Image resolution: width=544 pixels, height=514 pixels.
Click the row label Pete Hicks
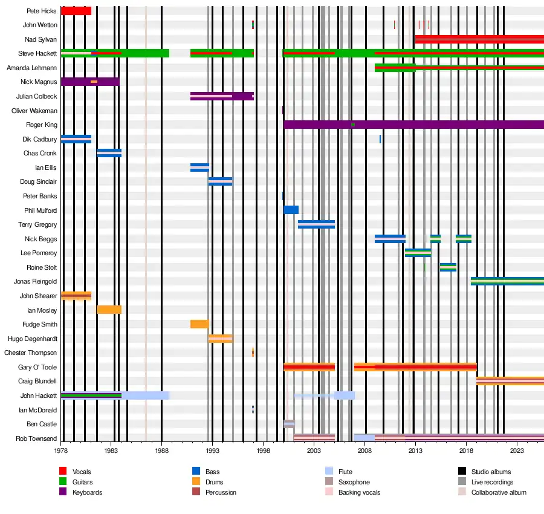[42, 11]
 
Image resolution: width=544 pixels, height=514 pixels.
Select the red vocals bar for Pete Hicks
[76, 11]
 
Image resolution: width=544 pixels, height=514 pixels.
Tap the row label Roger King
[42, 125]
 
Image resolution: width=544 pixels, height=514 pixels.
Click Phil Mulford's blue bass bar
[291, 210]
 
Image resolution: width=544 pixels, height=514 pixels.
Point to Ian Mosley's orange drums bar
[109, 310]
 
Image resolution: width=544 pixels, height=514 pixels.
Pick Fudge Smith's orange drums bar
[199, 324]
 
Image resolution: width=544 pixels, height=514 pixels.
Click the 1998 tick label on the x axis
[263, 451]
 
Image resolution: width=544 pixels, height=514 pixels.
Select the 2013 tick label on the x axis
[415, 451]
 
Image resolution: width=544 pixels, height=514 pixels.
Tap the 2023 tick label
[517, 451]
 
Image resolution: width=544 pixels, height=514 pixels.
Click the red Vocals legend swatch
[62, 472]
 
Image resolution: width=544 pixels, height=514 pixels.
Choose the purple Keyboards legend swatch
[62, 492]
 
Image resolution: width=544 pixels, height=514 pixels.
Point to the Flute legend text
[345, 472]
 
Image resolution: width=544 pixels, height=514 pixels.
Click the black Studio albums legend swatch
[461, 472]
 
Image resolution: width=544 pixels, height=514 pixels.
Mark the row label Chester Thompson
[31, 353]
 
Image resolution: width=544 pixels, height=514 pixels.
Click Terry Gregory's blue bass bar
[316, 224]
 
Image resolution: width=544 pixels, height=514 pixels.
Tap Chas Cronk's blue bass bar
[109, 153]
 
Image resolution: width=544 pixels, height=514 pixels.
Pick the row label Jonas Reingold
[36, 281]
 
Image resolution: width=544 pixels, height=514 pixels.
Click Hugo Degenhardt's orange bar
[220, 338]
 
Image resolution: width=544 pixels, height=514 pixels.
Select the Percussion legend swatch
[195, 492]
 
